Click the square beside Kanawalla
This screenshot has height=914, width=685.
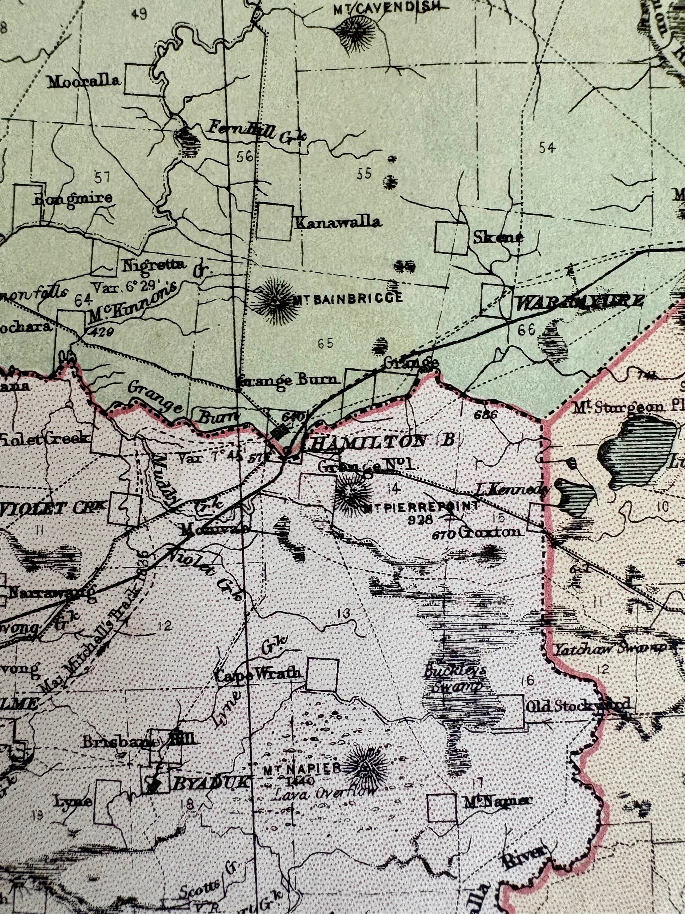pos(275,222)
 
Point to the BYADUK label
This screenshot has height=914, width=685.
pos(210,783)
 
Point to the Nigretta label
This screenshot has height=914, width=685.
pos(153,265)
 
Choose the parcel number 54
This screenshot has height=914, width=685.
pos(547,148)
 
